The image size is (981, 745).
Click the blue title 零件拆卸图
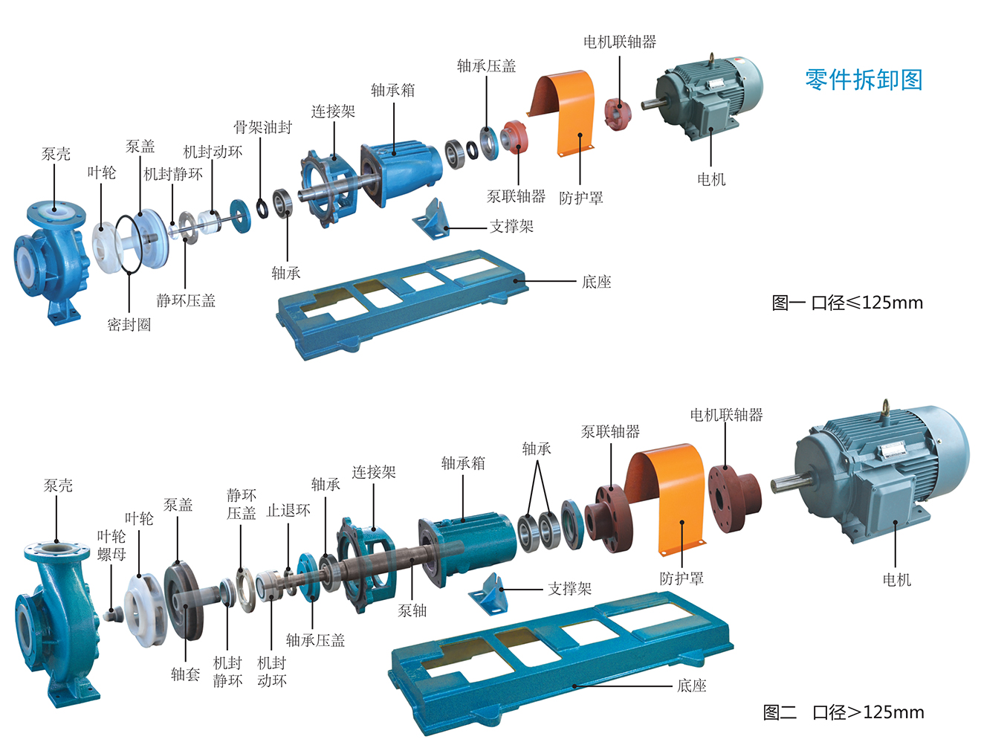point(863,80)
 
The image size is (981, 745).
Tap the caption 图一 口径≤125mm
point(847,303)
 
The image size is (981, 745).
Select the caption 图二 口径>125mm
point(844,712)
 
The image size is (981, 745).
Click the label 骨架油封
point(262,127)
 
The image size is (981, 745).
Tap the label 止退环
point(288,510)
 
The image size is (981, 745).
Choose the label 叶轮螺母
point(111,545)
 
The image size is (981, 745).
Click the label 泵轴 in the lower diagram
point(412,610)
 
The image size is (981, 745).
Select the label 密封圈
point(129,324)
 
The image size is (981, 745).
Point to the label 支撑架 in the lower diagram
point(569,589)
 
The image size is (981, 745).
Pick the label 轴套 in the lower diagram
point(185,674)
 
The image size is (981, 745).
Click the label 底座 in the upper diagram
point(596,282)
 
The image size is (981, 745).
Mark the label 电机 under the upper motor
point(710,179)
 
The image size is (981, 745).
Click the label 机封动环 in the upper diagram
point(213,152)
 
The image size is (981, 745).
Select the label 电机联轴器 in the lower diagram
point(726,415)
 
